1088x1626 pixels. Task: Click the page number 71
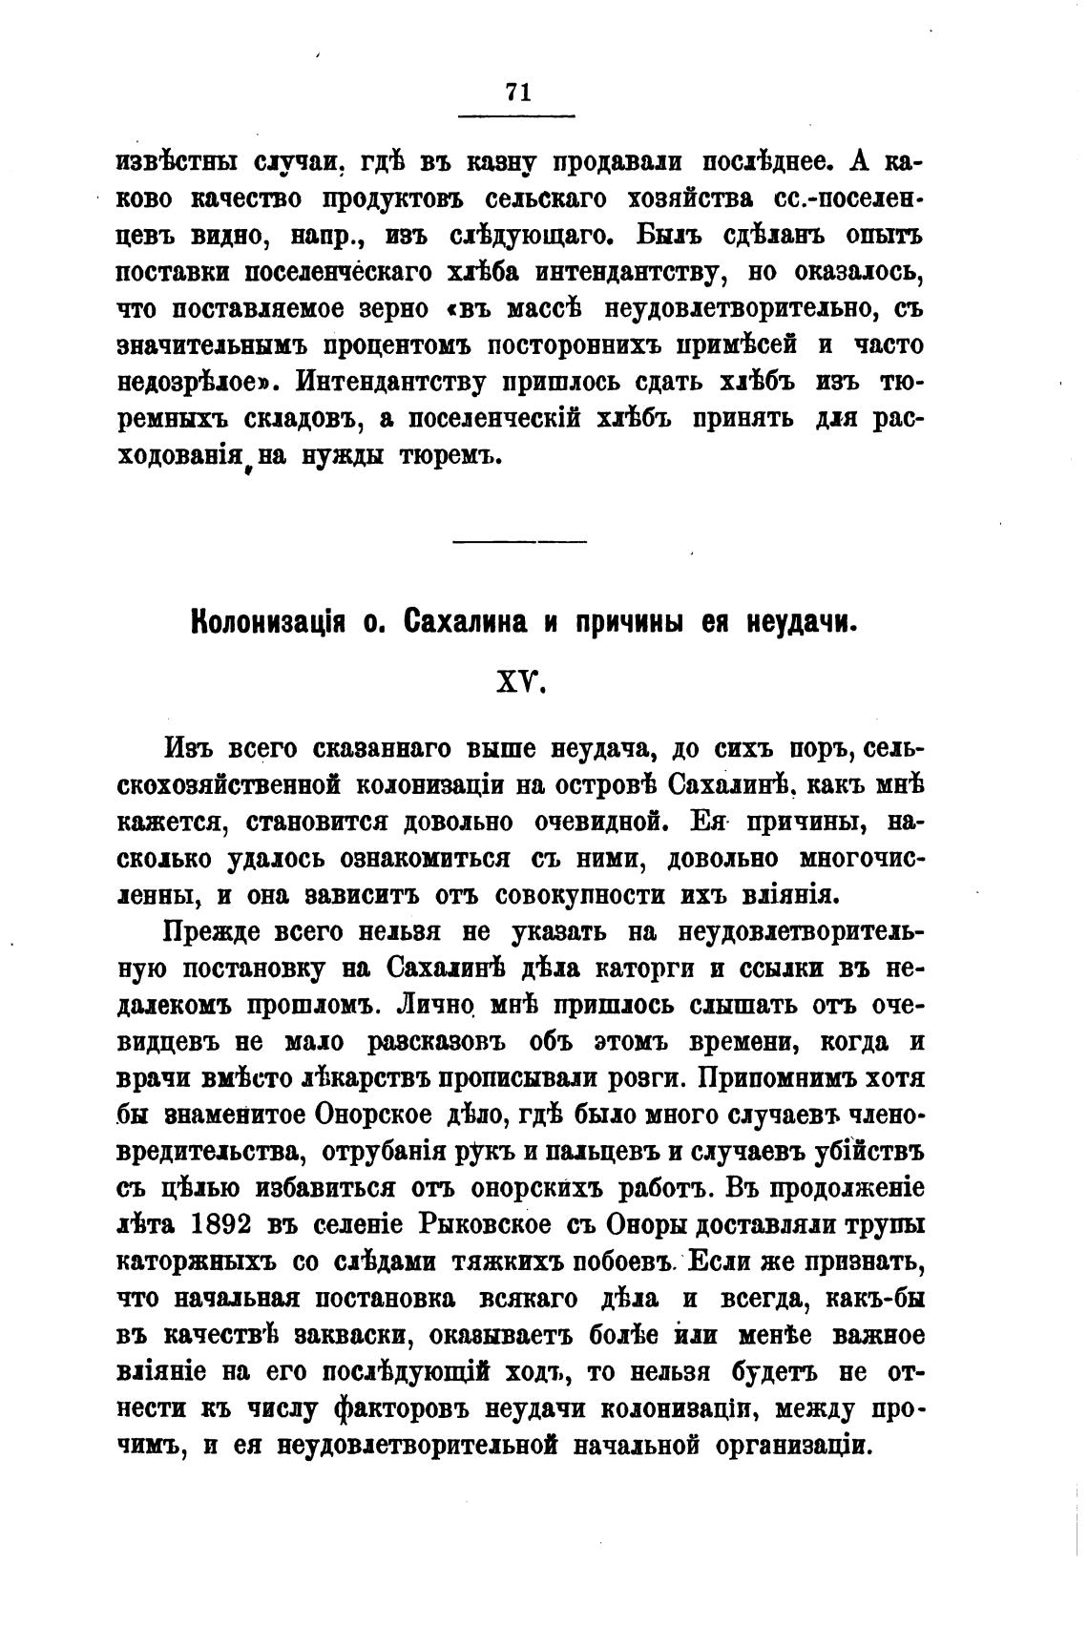pyautogui.click(x=517, y=92)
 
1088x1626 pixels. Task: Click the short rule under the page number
pyautogui.click(x=517, y=117)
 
